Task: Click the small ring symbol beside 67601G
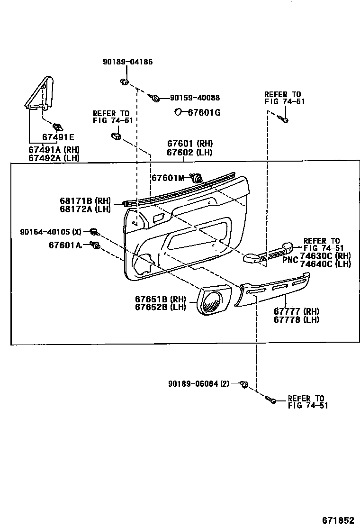(x=178, y=112)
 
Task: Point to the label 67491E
(x=58, y=137)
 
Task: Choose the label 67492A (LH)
(x=54, y=158)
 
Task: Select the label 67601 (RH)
(x=189, y=144)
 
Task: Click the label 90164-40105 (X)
(x=51, y=232)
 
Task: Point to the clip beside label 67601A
(x=95, y=245)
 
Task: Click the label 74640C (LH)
(x=325, y=264)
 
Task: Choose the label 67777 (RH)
(x=296, y=311)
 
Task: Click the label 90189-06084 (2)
(x=198, y=383)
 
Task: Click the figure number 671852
(x=338, y=520)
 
